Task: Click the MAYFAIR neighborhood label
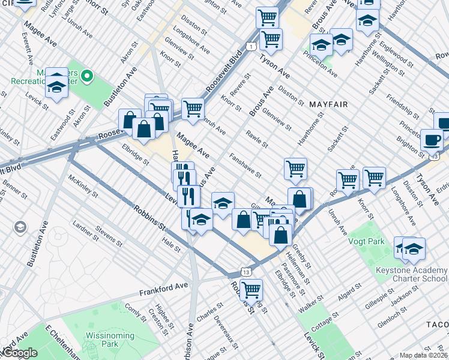point(328,104)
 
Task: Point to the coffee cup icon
point(432,140)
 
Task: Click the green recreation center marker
point(87,76)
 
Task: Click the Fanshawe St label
point(246,166)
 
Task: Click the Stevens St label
point(110,236)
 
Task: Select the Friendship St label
point(400,106)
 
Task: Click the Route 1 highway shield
point(249,46)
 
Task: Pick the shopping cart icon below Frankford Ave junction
point(251,289)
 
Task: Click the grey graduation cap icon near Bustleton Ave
point(20,227)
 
